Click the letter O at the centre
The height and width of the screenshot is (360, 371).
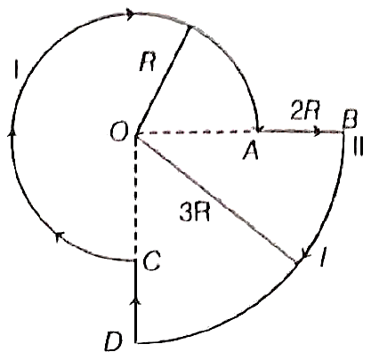click(x=119, y=132)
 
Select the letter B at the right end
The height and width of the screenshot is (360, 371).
click(x=350, y=120)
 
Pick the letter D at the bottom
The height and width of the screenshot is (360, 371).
click(x=114, y=341)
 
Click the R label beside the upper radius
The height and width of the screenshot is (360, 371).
click(x=147, y=62)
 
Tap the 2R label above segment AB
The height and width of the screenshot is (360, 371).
click(x=305, y=111)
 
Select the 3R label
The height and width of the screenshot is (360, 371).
click(x=195, y=212)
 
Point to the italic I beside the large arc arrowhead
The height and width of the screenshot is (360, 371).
click(x=323, y=258)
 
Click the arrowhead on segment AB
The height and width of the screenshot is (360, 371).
click(x=318, y=131)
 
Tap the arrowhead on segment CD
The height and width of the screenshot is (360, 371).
click(x=136, y=302)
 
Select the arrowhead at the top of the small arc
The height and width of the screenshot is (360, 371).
click(x=131, y=14)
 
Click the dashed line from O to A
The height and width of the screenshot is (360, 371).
click(x=196, y=132)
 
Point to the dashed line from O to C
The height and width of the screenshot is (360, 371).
click(x=135, y=196)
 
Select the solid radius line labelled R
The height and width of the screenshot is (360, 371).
click(x=163, y=80)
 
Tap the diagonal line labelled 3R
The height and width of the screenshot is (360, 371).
click(x=217, y=198)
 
